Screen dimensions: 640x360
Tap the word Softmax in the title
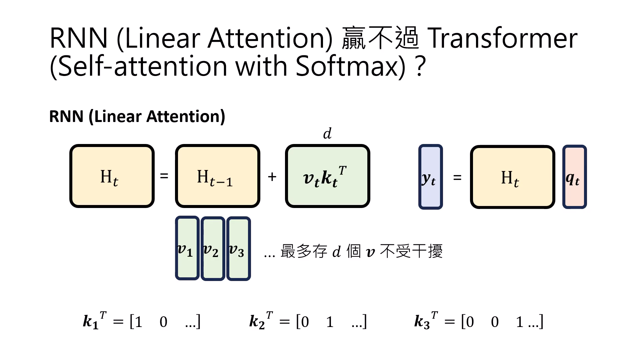coord(350,66)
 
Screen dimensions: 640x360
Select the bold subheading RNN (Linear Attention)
coord(137,116)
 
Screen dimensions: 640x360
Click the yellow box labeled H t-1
coord(217,176)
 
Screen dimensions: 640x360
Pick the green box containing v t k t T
coord(327,176)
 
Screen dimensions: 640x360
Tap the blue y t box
coord(430,177)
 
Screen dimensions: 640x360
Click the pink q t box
coord(574,177)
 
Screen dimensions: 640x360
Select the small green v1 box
coord(187,248)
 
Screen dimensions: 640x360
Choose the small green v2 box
coord(213,248)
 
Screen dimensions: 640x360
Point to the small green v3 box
coord(238,248)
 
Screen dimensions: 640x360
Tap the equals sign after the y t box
coord(457,177)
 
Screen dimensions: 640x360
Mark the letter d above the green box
coord(327,134)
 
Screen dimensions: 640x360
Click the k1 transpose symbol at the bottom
coord(94,321)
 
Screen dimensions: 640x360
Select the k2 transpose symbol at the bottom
coord(260,321)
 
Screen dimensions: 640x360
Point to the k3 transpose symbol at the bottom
coord(425,321)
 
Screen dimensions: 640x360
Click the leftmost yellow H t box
coord(112,176)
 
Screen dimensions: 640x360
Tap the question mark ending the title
coord(421,66)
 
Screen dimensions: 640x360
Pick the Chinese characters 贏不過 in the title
coord(380,39)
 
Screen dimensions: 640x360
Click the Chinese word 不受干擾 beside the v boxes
coord(411,251)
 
